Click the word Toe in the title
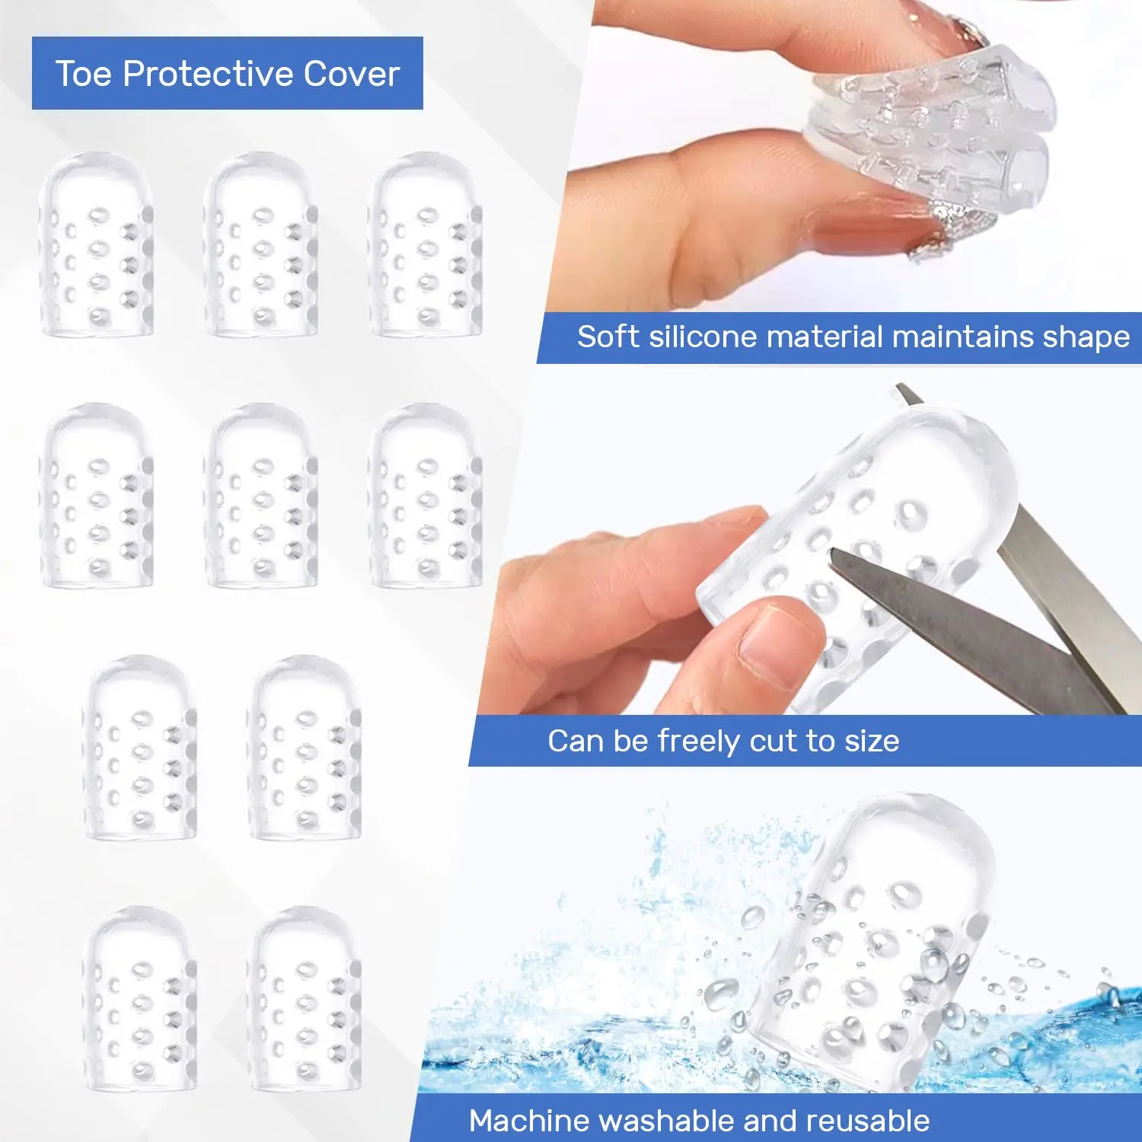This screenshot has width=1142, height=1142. (x=84, y=74)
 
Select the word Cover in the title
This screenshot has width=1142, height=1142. (x=352, y=74)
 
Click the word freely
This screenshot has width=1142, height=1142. (x=699, y=742)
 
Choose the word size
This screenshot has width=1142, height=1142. (x=872, y=742)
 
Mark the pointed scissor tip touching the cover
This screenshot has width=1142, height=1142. (x=831, y=553)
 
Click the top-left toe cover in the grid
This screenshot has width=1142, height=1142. (x=97, y=244)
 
